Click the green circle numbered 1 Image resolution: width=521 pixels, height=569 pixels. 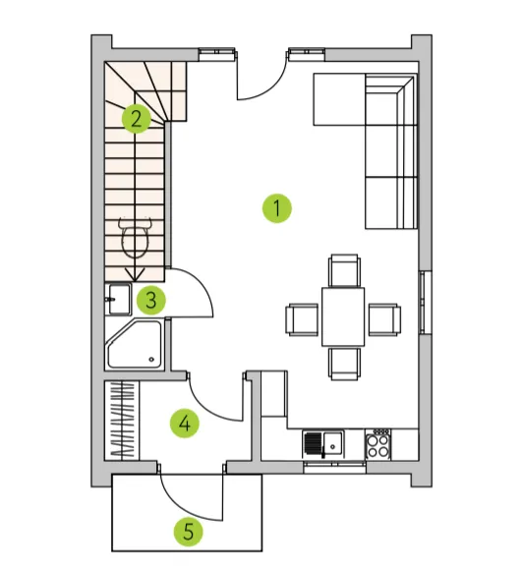point(276,208)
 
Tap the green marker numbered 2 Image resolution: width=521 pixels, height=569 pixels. point(137,119)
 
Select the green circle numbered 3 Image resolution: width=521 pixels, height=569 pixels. point(151,300)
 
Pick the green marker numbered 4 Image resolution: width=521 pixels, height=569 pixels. point(185,424)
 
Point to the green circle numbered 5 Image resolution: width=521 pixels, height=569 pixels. point(188,532)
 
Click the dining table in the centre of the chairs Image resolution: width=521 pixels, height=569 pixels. point(343,316)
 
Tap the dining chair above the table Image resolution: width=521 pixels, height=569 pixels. point(344,270)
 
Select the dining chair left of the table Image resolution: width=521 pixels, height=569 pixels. point(302,319)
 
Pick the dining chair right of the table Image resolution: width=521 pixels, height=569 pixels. point(384,319)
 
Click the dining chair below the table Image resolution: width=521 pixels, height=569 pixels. point(345,364)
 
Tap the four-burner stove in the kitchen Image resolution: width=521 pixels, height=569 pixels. point(377,444)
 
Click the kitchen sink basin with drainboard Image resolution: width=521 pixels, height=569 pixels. point(323,443)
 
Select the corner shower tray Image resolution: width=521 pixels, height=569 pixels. point(135,344)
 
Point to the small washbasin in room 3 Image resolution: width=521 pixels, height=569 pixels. point(120,299)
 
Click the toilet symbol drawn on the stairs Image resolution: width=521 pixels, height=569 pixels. point(135,238)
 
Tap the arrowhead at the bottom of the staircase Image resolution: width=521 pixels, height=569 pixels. point(135,275)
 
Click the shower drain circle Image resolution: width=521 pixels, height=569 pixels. point(151,360)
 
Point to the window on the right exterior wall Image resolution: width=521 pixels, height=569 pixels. point(425,302)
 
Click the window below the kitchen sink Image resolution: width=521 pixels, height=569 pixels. point(334,467)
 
